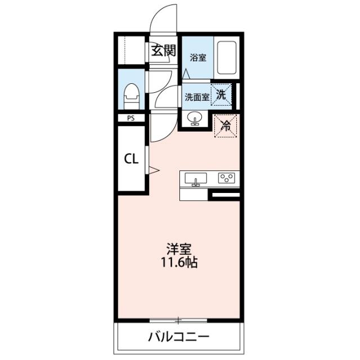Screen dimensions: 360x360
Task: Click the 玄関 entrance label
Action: (163, 50)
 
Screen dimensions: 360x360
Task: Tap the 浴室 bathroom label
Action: (198, 57)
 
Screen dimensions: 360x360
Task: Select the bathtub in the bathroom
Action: (227, 57)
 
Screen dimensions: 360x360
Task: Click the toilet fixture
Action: (132, 96)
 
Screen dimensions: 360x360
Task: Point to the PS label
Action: (131, 119)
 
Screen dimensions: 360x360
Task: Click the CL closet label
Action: (131, 159)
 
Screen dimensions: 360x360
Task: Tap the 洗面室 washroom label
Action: (197, 97)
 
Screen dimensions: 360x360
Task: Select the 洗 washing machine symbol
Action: (221, 94)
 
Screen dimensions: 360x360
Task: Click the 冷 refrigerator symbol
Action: (226, 126)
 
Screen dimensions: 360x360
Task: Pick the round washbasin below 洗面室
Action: (195, 118)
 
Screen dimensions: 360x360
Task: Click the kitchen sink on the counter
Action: (196, 179)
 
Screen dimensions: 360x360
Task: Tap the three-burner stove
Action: (226, 178)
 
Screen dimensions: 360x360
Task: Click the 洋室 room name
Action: (179, 249)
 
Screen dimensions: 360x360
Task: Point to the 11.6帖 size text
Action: (179, 263)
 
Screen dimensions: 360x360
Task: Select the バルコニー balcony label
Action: (179, 337)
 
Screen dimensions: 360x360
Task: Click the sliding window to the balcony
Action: (178, 320)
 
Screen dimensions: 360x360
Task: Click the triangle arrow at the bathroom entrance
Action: (186, 74)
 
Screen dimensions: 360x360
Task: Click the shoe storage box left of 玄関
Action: (132, 50)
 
